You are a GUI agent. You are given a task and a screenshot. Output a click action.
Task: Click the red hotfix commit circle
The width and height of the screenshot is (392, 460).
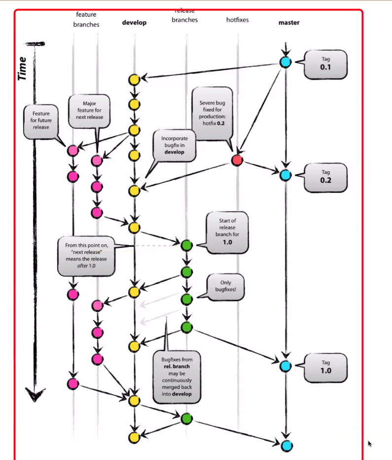pos(237,160)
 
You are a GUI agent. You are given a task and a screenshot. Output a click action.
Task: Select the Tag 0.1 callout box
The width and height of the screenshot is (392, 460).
pos(325,65)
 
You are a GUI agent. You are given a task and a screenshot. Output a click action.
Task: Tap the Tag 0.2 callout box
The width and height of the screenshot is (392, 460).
pos(325,178)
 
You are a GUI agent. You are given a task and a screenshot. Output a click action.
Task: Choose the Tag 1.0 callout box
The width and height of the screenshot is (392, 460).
pos(325,368)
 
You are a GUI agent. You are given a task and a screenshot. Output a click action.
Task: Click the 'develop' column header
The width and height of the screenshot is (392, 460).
pos(134,23)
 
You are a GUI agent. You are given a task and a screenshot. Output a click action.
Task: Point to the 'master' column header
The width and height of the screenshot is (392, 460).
pos(289,23)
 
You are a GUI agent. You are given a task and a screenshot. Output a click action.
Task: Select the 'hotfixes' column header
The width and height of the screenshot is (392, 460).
pos(237,20)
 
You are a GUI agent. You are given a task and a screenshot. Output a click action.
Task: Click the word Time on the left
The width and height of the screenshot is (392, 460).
pos(22,69)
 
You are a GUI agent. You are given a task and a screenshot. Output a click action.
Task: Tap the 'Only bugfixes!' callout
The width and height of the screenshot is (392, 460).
pos(225,287)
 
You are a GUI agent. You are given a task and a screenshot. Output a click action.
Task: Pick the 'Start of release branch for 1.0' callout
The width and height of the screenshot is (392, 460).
pos(227,232)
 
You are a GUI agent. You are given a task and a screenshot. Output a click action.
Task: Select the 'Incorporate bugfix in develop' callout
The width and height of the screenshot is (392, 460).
pos(175,146)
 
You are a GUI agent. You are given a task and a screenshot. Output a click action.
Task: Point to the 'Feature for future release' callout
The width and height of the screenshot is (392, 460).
pos(41,121)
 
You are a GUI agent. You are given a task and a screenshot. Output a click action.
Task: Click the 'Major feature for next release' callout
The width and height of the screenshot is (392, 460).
pos(89,111)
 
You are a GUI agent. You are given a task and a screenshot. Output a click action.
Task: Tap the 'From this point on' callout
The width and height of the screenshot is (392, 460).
pos(86,256)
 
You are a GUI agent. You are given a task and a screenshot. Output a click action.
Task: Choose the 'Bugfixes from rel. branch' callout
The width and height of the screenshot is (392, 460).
pos(177,377)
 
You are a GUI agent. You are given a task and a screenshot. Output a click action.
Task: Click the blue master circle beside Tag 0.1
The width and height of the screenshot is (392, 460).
pos(285,62)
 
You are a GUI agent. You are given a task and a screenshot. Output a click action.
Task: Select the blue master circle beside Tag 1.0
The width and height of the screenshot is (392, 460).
pos(285,366)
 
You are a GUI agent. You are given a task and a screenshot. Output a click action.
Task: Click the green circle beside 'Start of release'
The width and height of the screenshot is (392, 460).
pos(186,245)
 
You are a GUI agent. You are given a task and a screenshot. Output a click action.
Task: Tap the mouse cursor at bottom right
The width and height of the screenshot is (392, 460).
pos(370,444)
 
